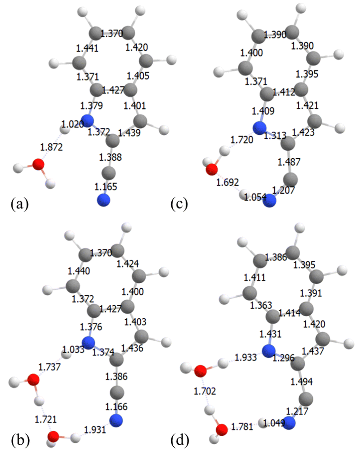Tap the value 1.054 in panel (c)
point(255,198)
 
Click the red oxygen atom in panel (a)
point(38,165)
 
